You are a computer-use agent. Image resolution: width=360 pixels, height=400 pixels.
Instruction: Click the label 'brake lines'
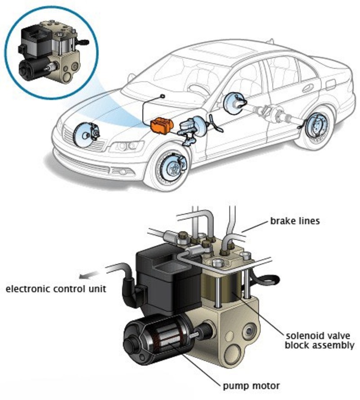pos(295,221)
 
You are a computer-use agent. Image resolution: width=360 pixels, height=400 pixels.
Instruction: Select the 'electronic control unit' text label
pos(56,289)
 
